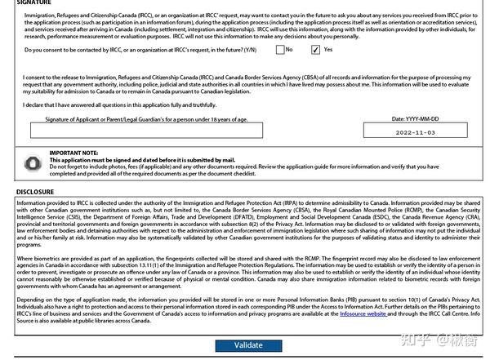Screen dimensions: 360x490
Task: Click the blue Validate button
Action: [x=248, y=345]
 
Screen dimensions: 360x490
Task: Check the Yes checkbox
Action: [x=315, y=50]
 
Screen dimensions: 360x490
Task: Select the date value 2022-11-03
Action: [x=416, y=131]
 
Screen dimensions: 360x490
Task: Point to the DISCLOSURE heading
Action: [x=35, y=192]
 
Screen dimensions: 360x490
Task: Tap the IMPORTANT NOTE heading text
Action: [x=73, y=153]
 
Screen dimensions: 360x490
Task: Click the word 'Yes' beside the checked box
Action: [x=328, y=50]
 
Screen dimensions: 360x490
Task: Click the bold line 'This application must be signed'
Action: [x=142, y=160]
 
